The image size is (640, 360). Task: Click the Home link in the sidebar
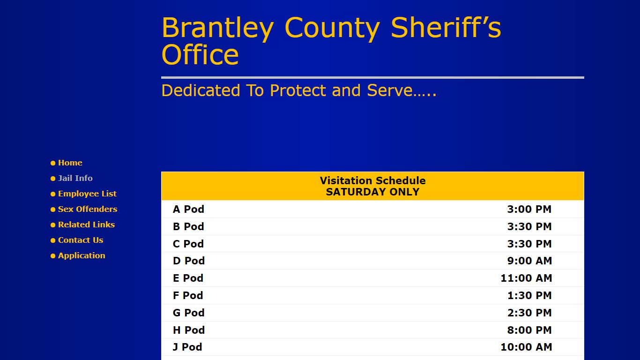pyautogui.click(x=70, y=163)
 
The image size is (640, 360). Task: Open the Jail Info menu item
pyautogui.click(x=75, y=178)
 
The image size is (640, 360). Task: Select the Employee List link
pyautogui.click(x=87, y=194)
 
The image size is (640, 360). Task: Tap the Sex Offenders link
pyautogui.click(x=87, y=209)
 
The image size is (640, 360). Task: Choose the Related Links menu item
pyautogui.click(x=86, y=225)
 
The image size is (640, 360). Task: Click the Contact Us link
pyautogui.click(x=81, y=240)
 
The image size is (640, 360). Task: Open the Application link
pyautogui.click(x=82, y=255)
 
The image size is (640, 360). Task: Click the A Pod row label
pyautogui.click(x=188, y=209)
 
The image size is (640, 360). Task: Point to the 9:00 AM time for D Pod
pyautogui.click(x=529, y=261)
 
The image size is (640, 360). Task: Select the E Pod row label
pyautogui.click(x=188, y=278)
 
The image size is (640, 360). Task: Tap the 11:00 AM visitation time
pyautogui.click(x=526, y=278)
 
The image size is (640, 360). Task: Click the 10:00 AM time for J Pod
pyautogui.click(x=526, y=347)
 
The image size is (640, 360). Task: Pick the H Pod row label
pyautogui.click(x=189, y=330)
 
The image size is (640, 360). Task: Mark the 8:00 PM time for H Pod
pyautogui.click(x=529, y=330)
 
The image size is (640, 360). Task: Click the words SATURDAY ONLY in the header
pyautogui.click(x=372, y=192)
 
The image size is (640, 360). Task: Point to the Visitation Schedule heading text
pyautogui.click(x=372, y=180)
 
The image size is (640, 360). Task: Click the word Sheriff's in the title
pyautogui.click(x=446, y=28)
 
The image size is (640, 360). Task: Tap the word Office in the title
pyautogui.click(x=200, y=55)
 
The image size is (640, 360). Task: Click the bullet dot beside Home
pyautogui.click(x=53, y=163)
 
